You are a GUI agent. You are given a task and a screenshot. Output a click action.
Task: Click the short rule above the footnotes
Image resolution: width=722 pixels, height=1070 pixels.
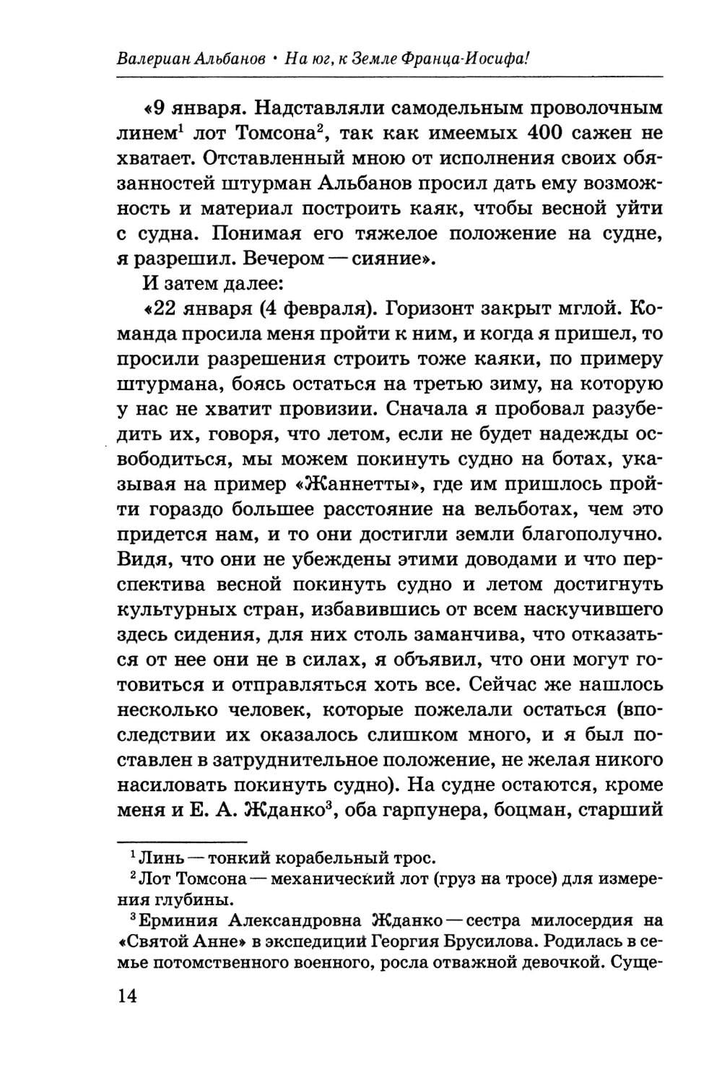pyautogui.click(x=181, y=840)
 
